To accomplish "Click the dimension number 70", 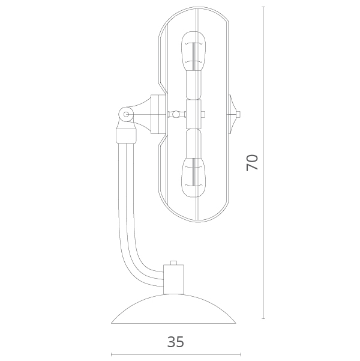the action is click(x=252, y=163).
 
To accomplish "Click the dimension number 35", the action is click(x=176, y=342).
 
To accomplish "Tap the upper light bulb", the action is click(x=193, y=51).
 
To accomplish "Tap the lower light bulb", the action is click(x=193, y=178).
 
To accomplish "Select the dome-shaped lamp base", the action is click(x=173, y=309).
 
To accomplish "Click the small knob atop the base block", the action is click(x=173, y=262).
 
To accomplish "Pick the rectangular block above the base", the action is click(x=173, y=279).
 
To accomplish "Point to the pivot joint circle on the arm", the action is click(x=126, y=114).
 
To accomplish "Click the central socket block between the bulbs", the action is click(x=193, y=114).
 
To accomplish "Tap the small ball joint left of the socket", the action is click(x=176, y=114).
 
